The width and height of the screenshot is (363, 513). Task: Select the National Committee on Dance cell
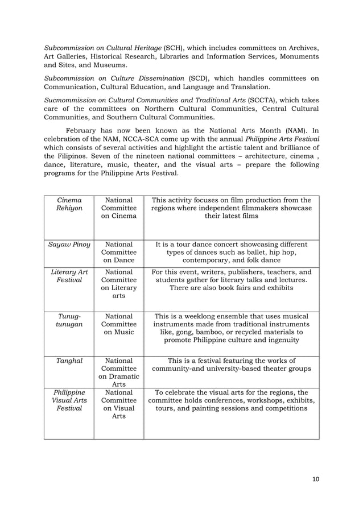(119, 253)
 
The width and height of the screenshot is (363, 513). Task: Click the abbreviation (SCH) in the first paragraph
(175, 46)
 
